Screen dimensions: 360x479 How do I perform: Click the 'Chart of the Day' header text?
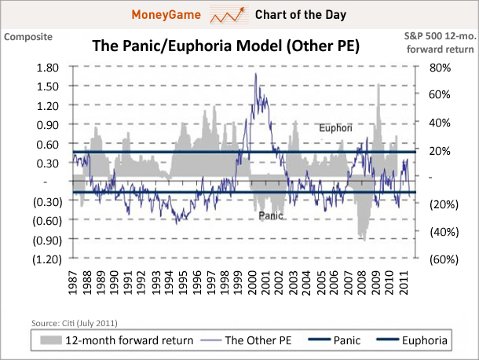302,15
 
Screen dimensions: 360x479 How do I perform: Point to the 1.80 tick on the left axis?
48,68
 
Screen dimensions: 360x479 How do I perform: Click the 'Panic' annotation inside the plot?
269,215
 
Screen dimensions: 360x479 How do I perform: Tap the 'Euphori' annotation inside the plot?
335,127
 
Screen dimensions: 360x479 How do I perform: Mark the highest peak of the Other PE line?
256,74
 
